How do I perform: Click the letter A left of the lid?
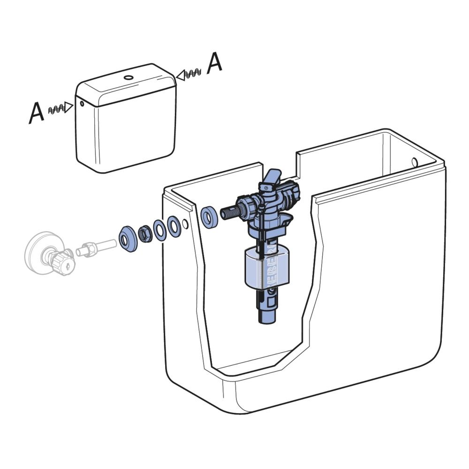pyautogui.click(x=37, y=113)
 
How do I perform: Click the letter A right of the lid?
pyautogui.click(x=214, y=63)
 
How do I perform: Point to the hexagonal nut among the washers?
pyautogui.click(x=144, y=233)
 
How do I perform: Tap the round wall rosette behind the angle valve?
pyautogui.click(x=38, y=253)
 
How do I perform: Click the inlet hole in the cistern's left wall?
pyautogui.click(x=186, y=224)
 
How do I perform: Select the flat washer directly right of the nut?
pyautogui.click(x=159, y=230)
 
